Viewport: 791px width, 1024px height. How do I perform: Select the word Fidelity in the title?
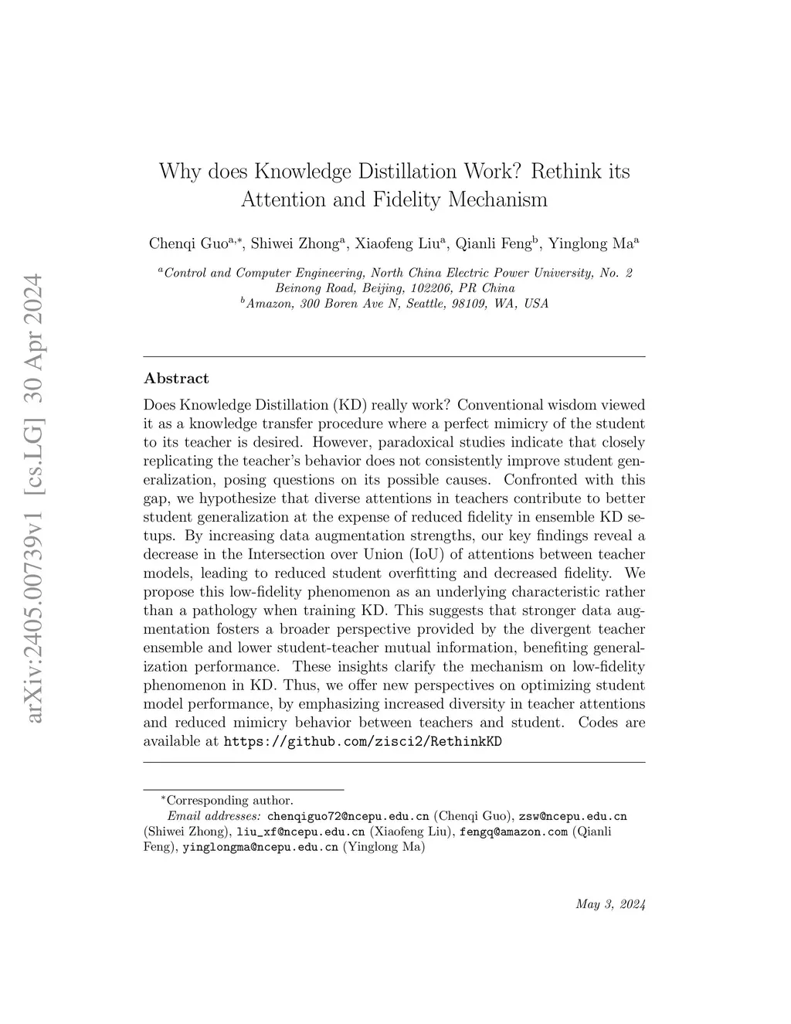click(x=406, y=199)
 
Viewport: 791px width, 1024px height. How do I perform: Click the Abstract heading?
click(x=176, y=379)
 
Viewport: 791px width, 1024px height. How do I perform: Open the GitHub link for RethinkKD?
click(x=362, y=742)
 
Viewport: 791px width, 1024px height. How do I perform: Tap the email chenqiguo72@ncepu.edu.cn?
click(x=348, y=816)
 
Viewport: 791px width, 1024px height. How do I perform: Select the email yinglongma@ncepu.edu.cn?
click(x=260, y=848)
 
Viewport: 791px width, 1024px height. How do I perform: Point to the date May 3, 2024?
click(x=610, y=905)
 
